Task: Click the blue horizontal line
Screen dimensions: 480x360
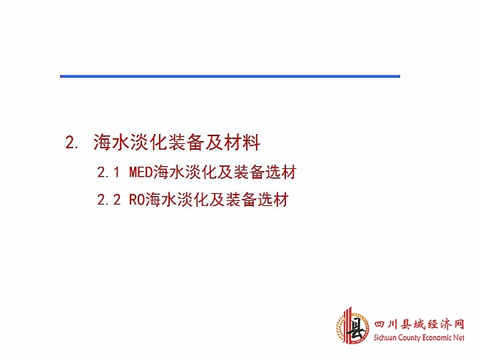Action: pos(230,76)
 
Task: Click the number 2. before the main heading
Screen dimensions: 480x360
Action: pos(71,143)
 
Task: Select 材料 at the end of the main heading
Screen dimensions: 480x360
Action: pos(242,143)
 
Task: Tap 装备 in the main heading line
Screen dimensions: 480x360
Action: pos(186,143)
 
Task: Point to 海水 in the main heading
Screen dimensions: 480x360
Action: pos(111,143)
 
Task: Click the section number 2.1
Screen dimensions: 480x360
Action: pos(108,173)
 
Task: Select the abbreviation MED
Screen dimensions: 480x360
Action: pos(141,173)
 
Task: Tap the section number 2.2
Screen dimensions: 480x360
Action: pos(108,200)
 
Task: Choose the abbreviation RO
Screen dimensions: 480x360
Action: pos(137,200)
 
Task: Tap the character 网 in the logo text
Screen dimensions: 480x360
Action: pos(458,325)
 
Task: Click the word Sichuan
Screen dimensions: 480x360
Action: pos(385,338)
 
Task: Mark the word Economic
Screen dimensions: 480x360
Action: pos(437,338)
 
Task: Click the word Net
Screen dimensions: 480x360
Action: pos(459,338)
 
